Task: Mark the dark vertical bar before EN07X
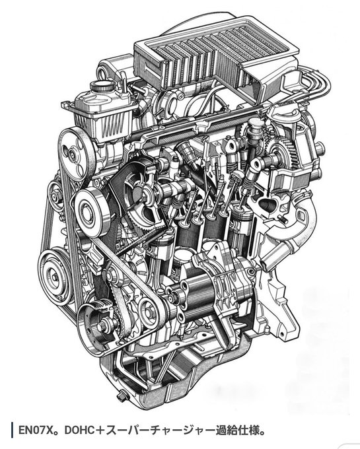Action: (12, 430)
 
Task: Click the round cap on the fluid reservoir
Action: (102, 86)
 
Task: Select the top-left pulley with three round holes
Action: (75, 155)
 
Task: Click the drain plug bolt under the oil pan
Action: (122, 397)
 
